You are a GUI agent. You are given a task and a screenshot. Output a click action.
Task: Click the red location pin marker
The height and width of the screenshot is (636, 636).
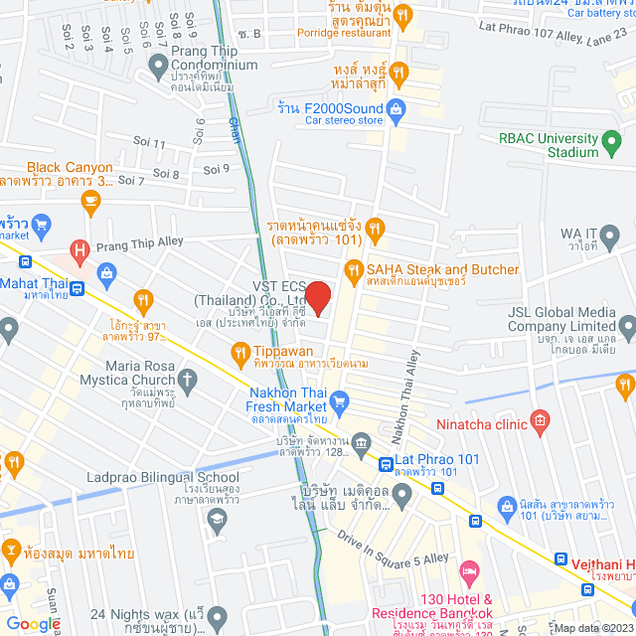317,297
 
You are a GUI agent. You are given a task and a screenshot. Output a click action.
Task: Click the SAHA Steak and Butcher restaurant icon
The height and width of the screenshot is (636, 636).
353,269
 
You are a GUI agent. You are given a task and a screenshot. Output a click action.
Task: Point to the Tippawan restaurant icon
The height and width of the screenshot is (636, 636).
239,352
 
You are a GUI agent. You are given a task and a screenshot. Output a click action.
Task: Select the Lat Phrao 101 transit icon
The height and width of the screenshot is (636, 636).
384,461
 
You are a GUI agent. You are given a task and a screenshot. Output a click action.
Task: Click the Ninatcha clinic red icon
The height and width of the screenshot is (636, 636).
540,421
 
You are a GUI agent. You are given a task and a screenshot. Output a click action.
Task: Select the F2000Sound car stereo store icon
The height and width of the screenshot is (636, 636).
397,108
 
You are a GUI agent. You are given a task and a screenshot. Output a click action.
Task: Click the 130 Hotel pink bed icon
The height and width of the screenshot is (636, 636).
470,573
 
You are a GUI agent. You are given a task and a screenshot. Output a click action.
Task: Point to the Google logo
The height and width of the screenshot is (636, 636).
32,623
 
